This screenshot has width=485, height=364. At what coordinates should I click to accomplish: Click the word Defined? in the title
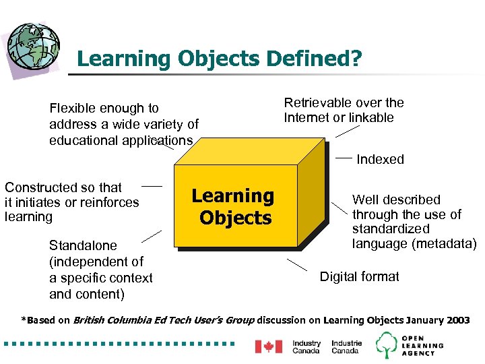click(314, 59)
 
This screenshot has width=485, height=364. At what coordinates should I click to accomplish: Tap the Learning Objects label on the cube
click(233, 207)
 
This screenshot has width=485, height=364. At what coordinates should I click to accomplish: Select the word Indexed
click(380, 160)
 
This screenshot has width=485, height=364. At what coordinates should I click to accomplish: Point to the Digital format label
click(359, 277)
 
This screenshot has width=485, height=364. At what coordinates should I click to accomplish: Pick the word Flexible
click(73, 109)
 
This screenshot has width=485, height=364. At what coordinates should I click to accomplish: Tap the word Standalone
click(83, 246)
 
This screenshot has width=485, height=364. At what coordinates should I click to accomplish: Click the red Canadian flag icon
click(268, 346)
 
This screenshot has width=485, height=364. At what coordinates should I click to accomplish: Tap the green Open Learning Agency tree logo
click(387, 345)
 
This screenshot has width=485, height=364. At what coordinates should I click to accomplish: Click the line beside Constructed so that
click(152, 185)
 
